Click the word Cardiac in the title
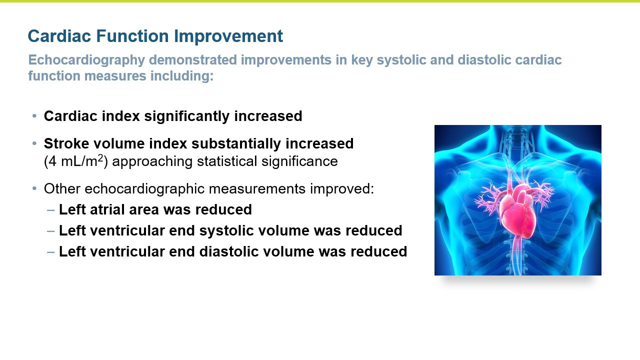tap(59, 36)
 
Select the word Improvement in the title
tap(228, 36)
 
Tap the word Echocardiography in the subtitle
tap(86, 60)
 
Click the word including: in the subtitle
tap(182, 76)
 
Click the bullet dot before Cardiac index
tap(34, 116)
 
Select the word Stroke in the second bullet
tap(66, 143)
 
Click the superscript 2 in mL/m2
tap(100, 157)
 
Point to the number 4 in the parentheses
tap(52, 161)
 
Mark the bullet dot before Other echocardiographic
tap(34, 188)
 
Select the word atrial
tap(107, 209)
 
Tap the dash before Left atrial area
tap(51, 210)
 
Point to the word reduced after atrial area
tap(223, 209)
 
